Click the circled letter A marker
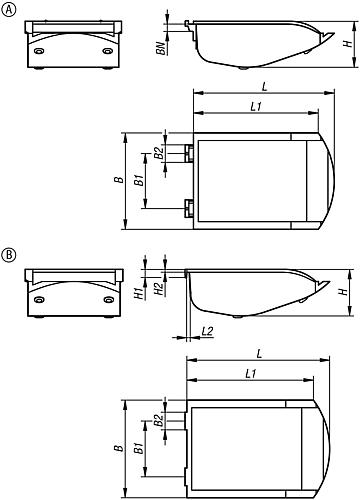tap(9, 10)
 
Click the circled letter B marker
tap(9, 254)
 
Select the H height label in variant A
tap(345, 44)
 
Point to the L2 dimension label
tap(207, 330)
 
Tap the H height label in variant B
tap(342, 291)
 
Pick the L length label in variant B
tap(259, 353)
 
